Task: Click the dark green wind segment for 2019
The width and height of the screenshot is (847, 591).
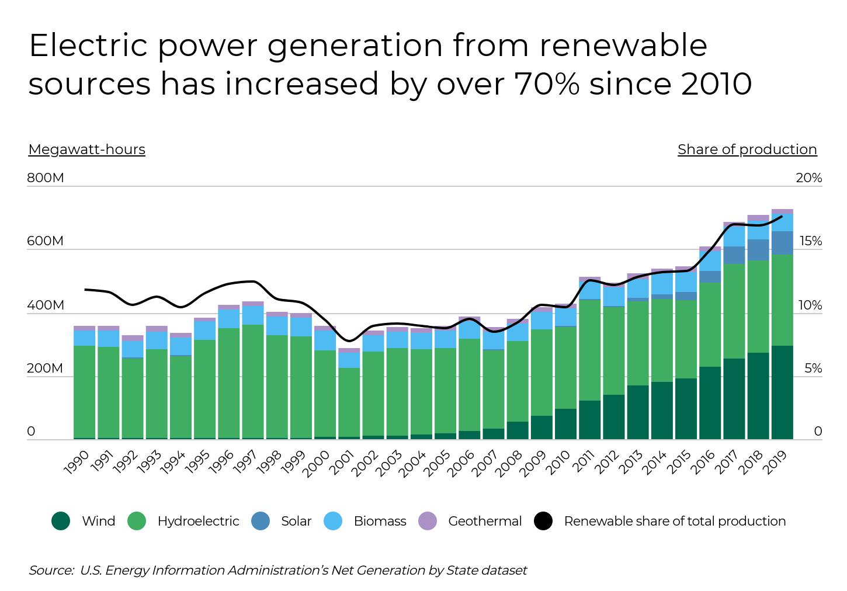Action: click(782, 392)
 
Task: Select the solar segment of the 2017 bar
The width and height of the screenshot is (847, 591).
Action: click(734, 255)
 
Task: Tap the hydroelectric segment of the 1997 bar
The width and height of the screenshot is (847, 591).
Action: click(253, 381)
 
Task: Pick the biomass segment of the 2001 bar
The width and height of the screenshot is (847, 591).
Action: click(349, 360)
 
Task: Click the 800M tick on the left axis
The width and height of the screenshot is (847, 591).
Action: click(45, 178)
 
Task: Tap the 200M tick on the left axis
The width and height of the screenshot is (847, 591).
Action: click(45, 368)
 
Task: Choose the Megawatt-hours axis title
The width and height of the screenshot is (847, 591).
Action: click(86, 150)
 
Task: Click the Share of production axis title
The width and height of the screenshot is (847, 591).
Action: click(747, 150)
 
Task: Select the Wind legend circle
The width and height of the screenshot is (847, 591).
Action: click(61, 521)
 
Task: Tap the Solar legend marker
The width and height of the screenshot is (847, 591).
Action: click(261, 521)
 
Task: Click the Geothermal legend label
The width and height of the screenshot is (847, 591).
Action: click(485, 521)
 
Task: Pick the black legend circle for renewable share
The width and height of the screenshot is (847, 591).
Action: click(543, 521)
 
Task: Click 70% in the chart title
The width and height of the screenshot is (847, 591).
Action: click(547, 84)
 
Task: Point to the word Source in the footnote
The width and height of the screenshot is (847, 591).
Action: click(51, 570)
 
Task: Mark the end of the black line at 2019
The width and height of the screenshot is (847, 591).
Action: click(782, 217)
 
